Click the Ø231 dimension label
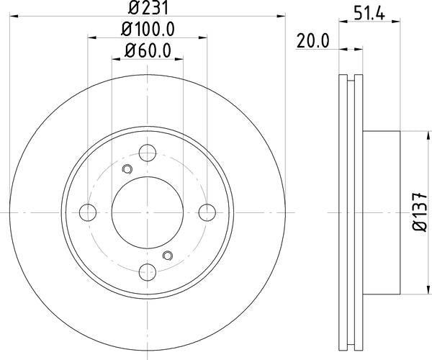click(148, 7)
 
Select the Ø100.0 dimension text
click(148, 30)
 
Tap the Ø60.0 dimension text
click(148, 50)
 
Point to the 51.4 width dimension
click(369, 14)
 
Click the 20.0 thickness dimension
click(312, 41)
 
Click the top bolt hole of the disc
click(148, 153)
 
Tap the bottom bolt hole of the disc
click(148, 272)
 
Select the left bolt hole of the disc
click(88, 212)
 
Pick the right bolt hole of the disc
click(207, 212)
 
